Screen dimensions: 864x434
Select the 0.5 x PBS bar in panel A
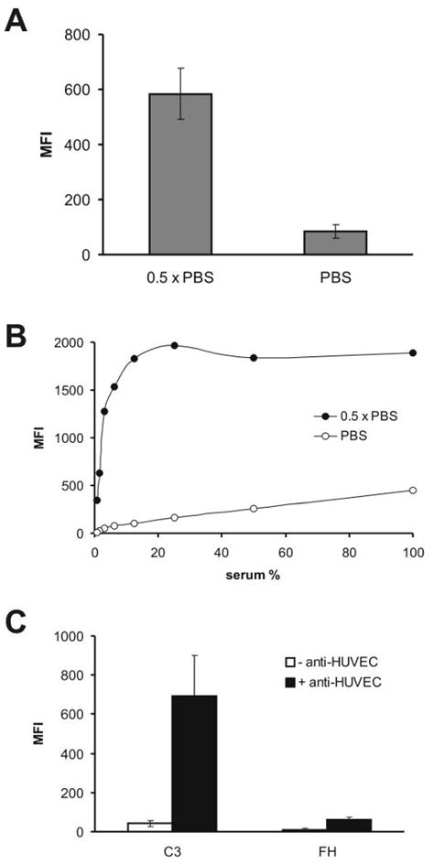click(x=180, y=174)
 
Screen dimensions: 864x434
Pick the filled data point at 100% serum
click(x=413, y=353)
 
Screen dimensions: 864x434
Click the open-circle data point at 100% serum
click(x=413, y=491)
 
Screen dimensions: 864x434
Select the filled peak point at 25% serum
click(x=174, y=346)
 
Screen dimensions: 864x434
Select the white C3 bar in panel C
click(x=144, y=826)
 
